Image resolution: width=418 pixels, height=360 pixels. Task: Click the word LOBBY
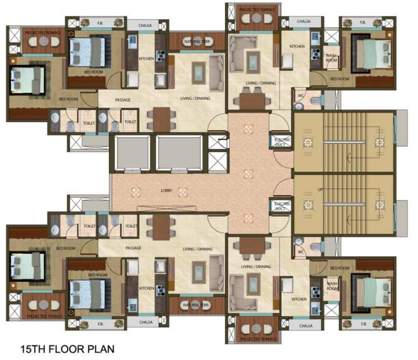[x=167, y=190]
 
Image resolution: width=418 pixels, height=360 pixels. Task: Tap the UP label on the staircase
[x=320, y=189]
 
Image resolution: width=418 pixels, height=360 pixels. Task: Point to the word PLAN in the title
[x=101, y=349]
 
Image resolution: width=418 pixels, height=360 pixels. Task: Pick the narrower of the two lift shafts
[x=131, y=153]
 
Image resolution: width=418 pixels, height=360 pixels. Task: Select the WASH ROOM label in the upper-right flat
[x=332, y=58]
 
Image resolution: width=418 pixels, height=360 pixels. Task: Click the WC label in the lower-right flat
[x=301, y=252]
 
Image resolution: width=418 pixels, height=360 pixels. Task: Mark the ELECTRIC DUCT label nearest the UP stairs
[x=282, y=206]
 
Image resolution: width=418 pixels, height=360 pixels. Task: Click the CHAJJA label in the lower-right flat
[x=305, y=325]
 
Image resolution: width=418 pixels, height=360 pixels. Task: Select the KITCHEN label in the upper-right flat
[x=297, y=46]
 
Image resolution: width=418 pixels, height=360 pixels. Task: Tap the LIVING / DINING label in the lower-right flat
[x=255, y=267]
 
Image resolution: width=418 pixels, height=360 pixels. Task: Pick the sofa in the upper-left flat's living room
[x=216, y=73]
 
